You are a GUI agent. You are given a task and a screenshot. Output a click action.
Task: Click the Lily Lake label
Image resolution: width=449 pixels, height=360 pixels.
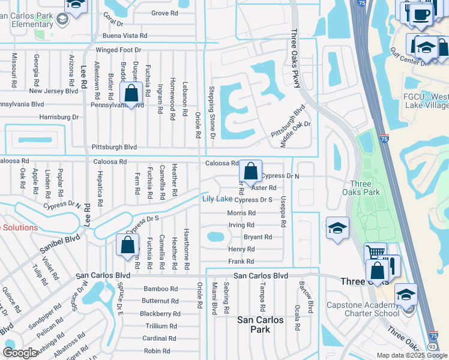pyautogui.click(x=217, y=199)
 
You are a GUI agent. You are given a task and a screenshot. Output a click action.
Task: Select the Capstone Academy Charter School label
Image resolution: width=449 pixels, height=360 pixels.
pyautogui.click(x=371, y=309)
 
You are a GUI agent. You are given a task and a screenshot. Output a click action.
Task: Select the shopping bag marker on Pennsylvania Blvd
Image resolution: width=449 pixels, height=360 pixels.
pyautogui.click(x=131, y=94)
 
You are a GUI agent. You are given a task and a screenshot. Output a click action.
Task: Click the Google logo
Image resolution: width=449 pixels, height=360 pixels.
pyautogui.click(x=20, y=353)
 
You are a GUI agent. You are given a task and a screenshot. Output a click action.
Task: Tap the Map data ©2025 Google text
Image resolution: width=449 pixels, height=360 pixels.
pyautogui.click(x=412, y=355)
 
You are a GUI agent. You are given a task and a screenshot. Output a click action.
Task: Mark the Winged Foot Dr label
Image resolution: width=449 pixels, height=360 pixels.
pyautogui.click(x=117, y=50)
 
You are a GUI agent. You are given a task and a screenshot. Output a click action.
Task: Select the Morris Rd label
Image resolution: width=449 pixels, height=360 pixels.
pyautogui.click(x=241, y=213)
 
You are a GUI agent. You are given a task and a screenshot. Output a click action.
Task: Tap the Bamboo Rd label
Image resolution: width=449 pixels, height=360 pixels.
pyautogui.click(x=161, y=289)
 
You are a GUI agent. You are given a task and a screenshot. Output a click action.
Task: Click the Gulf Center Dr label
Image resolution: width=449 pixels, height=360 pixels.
pyautogui.click(x=407, y=60)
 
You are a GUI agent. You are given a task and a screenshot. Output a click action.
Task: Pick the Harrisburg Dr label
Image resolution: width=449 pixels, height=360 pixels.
pyautogui.click(x=59, y=117)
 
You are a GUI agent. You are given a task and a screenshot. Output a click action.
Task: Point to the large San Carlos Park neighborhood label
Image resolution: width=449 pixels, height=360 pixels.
pyautogui.click(x=260, y=325)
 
